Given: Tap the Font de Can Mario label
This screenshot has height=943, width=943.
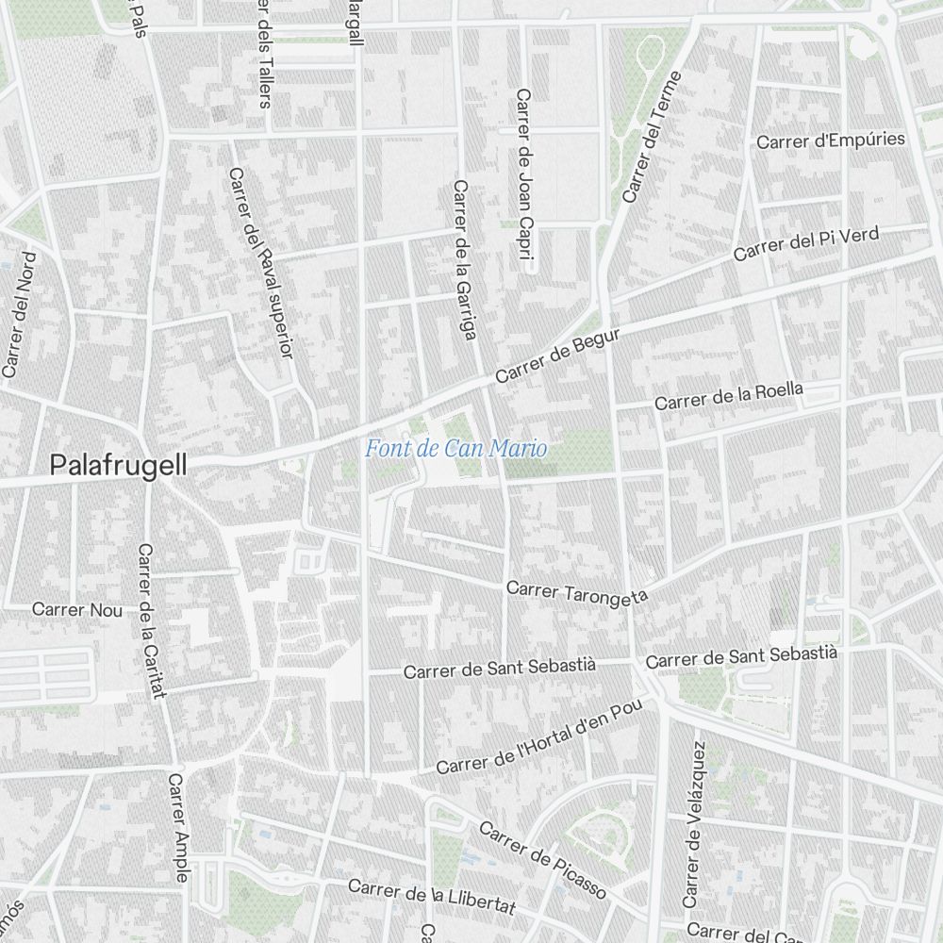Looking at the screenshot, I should (x=455, y=449).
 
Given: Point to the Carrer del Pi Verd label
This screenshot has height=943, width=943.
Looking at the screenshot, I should (x=805, y=243).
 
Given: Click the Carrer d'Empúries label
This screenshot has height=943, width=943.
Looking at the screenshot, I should (x=830, y=141).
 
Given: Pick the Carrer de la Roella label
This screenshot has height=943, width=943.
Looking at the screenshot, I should (x=729, y=396).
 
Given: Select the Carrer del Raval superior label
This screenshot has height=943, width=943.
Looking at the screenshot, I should (x=261, y=263).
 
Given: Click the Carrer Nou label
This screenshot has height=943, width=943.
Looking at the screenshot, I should (x=77, y=610).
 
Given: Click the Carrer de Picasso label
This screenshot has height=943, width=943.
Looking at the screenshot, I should (x=541, y=860).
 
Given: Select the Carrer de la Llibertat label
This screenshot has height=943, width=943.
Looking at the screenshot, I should (x=431, y=896).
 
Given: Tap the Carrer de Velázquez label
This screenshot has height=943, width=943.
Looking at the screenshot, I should (x=693, y=822).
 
